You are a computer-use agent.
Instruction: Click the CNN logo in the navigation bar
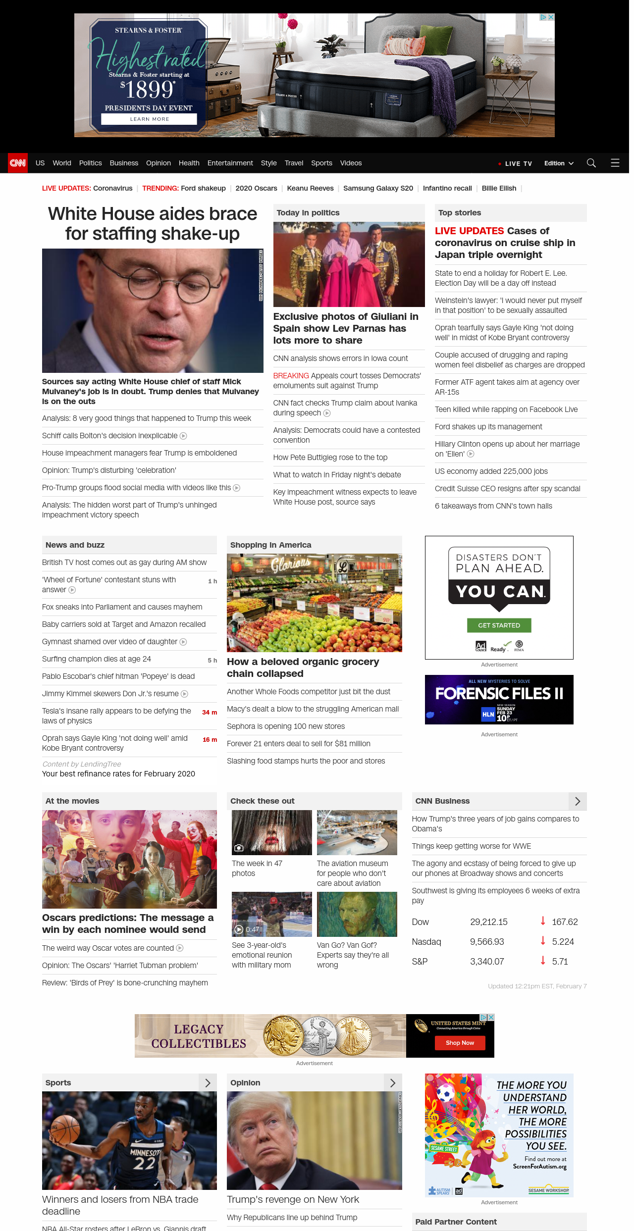click(x=18, y=163)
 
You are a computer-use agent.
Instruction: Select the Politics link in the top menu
click(x=90, y=163)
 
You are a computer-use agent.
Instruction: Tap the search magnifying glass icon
click(x=591, y=163)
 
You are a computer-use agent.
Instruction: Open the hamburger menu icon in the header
click(x=615, y=163)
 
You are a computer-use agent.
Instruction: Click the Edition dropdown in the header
click(x=558, y=163)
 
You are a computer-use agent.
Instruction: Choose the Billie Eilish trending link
click(x=499, y=188)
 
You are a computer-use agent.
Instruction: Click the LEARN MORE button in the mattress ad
click(x=149, y=119)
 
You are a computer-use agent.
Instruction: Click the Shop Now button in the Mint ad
click(x=460, y=1043)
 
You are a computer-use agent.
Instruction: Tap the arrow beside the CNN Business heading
click(x=578, y=801)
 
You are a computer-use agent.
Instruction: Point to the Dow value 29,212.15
click(x=488, y=922)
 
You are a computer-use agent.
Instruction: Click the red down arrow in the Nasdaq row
click(x=543, y=941)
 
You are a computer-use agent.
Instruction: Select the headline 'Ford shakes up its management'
click(x=488, y=427)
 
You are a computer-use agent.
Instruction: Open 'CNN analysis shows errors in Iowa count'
click(x=340, y=359)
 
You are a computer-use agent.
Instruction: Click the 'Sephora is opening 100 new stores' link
click(x=286, y=726)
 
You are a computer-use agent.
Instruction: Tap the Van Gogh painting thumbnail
click(x=357, y=914)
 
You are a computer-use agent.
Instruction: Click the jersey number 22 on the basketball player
click(x=144, y=1163)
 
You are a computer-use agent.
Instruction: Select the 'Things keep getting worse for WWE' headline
click(x=471, y=846)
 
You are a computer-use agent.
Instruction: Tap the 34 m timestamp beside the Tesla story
click(x=210, y=713)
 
